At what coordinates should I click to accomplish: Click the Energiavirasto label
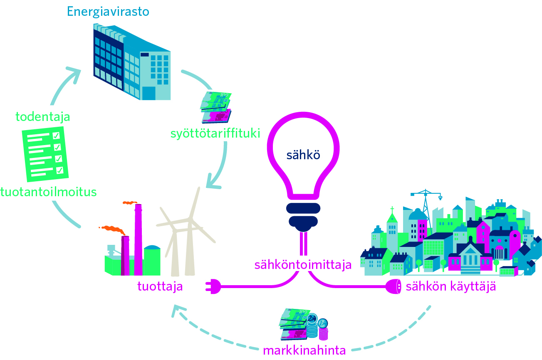coord(108,12)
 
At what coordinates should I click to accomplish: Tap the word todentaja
coord(43,117)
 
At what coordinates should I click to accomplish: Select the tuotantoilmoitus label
coord(48,192)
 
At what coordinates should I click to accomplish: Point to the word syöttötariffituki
coord(215,133)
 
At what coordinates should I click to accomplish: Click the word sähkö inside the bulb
coord(303,155)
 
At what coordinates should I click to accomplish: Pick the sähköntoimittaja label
coord(303,265)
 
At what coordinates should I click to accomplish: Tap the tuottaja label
coord(160,286)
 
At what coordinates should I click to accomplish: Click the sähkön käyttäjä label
coord(451,286)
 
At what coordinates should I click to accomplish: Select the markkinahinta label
coord(304,350)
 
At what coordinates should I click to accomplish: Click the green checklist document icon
coord(45,154)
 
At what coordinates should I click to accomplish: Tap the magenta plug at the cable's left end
coord(213,286)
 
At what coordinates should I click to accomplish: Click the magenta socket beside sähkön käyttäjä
coord(393,286)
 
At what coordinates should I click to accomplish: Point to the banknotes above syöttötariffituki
coord(216,107)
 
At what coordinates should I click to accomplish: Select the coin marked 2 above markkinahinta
coord(312,318)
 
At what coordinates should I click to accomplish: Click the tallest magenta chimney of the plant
coord(138,239)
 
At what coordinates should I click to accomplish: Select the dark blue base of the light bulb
coord(303,217)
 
